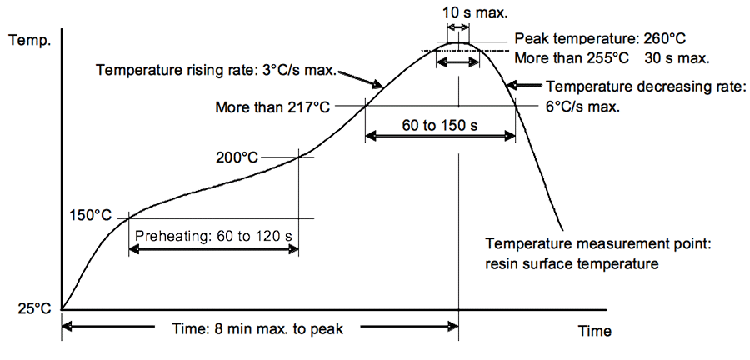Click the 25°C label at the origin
(x=33, y=308)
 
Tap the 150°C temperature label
(x=90, y=215)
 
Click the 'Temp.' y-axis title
(x=28, y=40)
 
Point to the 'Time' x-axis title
(x=594, y=332)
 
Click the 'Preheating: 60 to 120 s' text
(x=213, y=235)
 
